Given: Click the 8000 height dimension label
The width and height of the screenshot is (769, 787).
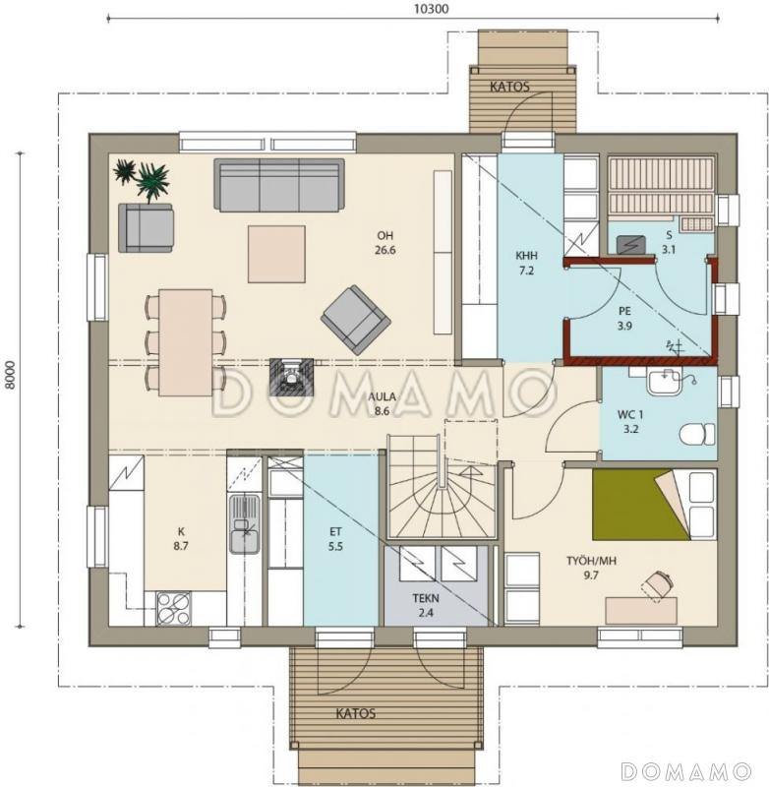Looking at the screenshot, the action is [11, 375].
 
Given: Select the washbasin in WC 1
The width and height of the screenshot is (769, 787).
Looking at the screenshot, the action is [663, 383].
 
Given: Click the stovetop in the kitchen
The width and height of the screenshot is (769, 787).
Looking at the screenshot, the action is [173, 608].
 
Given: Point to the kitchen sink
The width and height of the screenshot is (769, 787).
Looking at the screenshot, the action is [244, 523].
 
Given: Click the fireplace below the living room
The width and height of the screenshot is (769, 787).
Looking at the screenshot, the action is [291, 377].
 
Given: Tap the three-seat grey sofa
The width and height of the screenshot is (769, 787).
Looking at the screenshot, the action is [279, 185].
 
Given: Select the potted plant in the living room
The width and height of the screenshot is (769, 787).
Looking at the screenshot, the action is [143, 179].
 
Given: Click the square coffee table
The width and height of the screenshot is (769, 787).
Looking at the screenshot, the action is [276, 254].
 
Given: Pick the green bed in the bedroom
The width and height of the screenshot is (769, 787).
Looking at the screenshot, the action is [640, 505].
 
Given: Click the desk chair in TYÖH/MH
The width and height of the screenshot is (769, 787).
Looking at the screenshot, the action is [657, 585].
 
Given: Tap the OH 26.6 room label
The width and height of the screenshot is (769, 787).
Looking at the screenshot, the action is [385, 243].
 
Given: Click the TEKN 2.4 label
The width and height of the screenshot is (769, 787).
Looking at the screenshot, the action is [426, 605].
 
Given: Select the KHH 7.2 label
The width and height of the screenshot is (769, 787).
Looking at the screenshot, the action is [526, 263].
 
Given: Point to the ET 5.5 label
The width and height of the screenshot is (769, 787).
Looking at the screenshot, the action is [335, 539].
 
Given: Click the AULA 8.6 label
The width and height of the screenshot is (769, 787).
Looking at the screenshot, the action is [383, 404].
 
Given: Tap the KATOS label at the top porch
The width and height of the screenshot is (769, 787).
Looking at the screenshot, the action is [509, 87].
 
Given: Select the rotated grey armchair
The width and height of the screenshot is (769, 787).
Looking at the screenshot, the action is [356, 321].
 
